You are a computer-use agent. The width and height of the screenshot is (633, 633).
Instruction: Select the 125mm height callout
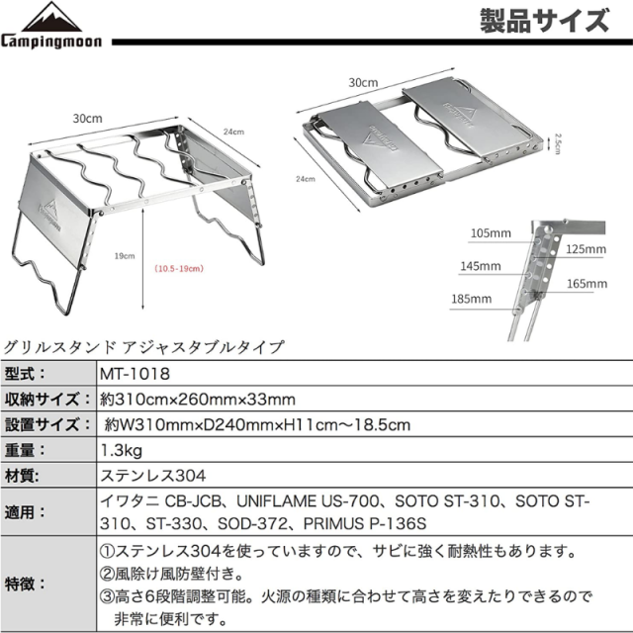584,249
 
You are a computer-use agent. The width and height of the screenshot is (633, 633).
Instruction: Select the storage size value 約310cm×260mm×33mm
199,400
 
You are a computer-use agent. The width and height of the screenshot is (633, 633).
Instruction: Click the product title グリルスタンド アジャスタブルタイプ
144,347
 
